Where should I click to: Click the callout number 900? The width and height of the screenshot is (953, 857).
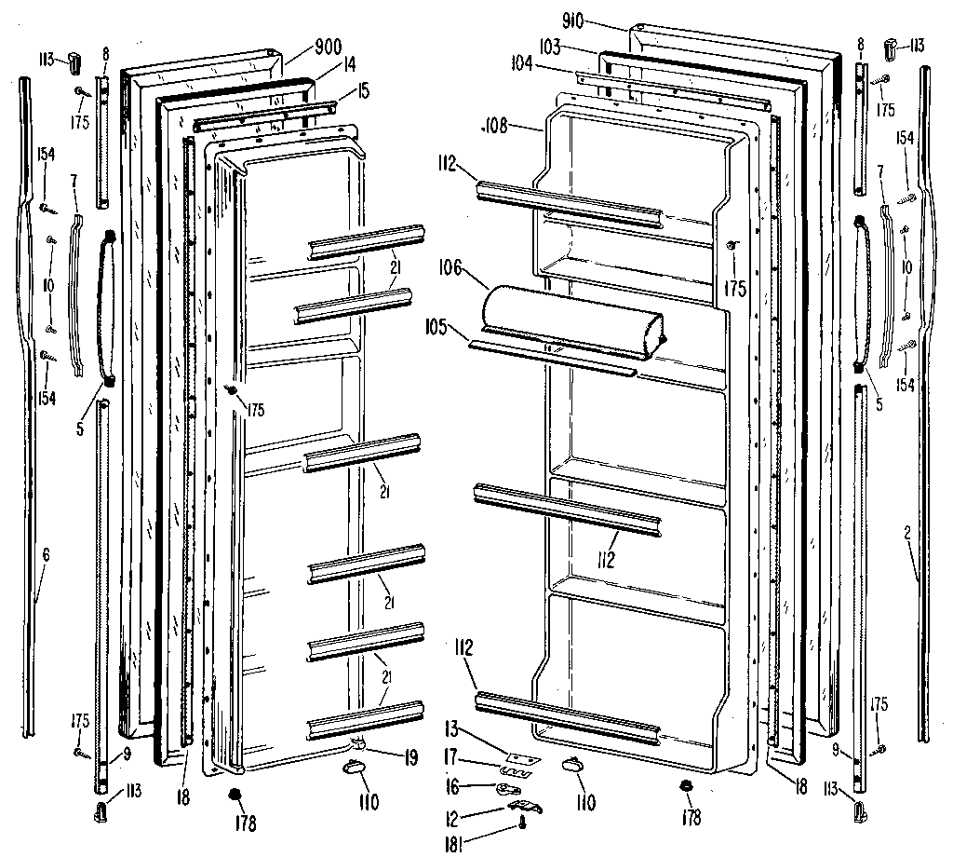point(302,46)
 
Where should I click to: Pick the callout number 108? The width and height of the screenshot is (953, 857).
point(494,126)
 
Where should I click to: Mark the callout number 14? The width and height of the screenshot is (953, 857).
point(323,67)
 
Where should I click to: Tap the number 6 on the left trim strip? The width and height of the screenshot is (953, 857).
point(46,555)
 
